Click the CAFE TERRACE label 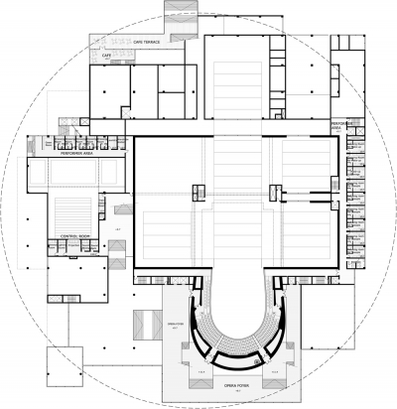144,43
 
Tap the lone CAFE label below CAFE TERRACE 107,56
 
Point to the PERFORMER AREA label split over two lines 341,125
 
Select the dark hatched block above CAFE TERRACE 166,25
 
